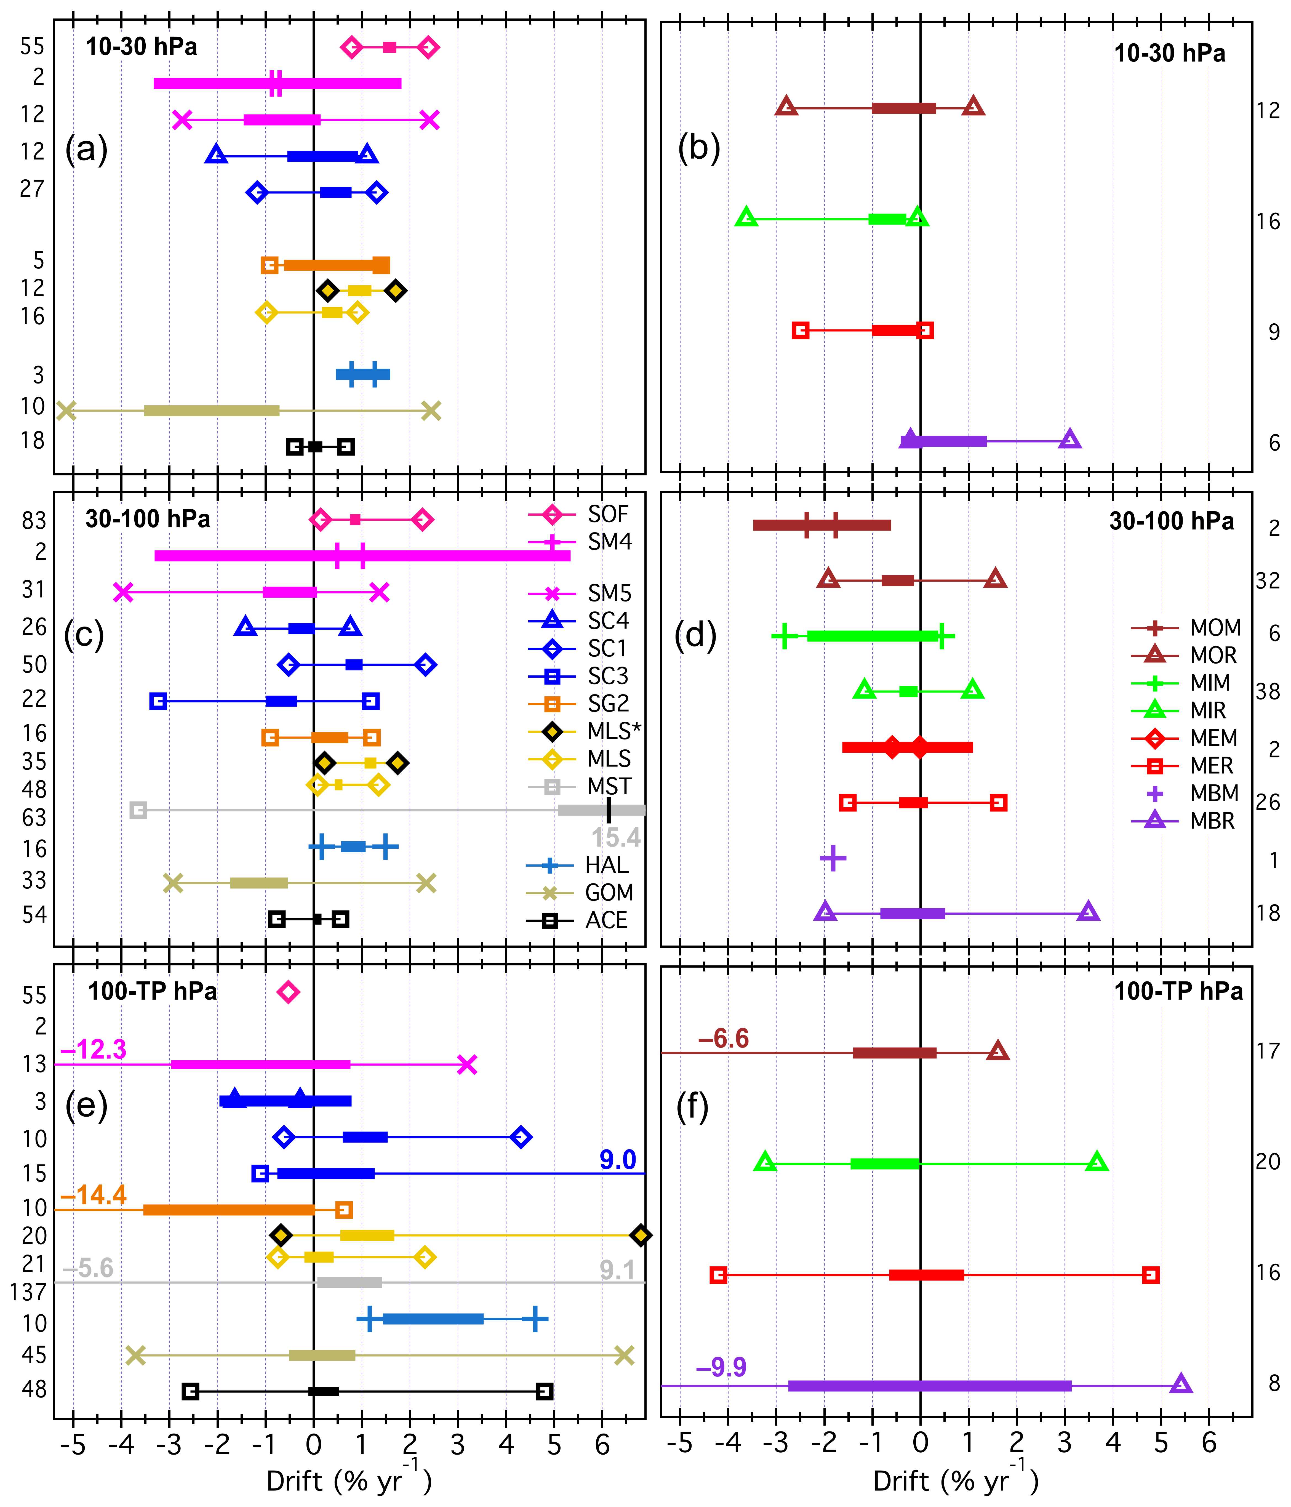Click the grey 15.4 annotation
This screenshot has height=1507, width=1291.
616,838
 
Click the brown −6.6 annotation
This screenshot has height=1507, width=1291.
723,1038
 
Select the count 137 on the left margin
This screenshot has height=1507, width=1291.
28,1292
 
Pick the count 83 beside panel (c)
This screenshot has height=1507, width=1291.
33,521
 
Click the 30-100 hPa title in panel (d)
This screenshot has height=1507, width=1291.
1171,521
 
